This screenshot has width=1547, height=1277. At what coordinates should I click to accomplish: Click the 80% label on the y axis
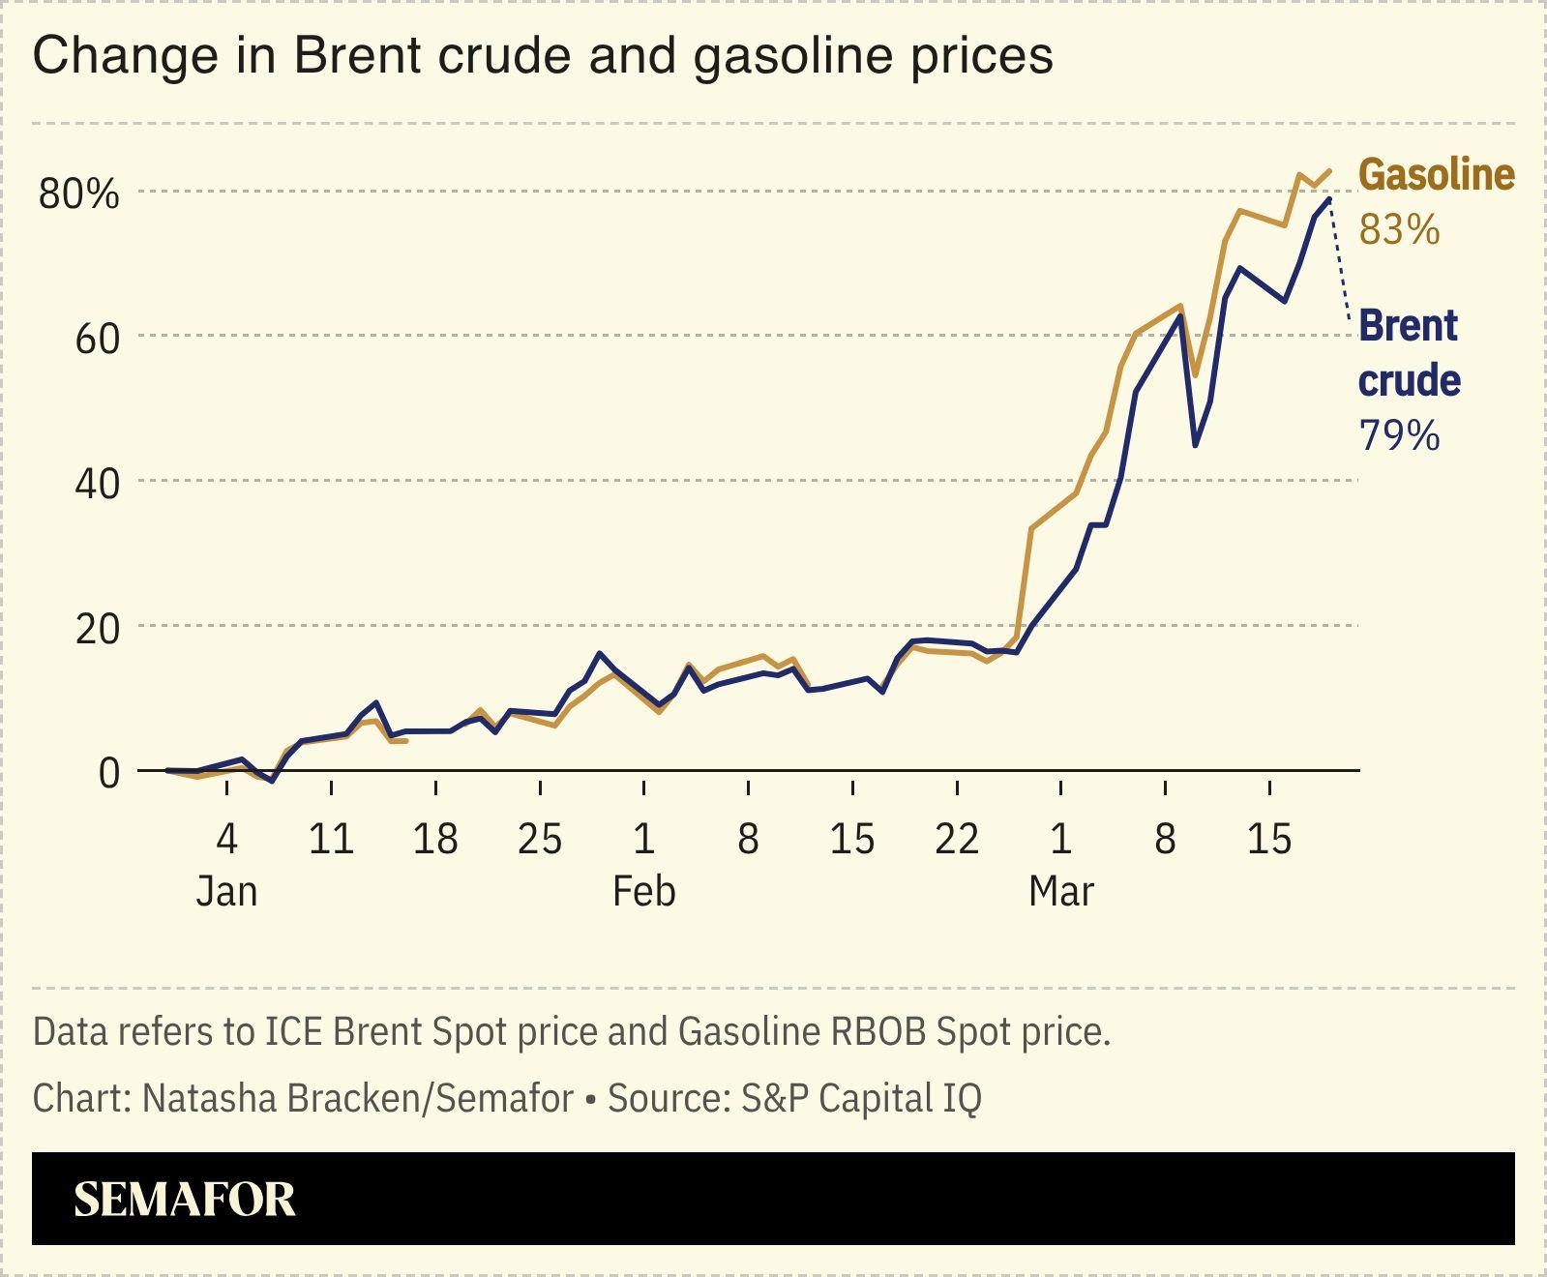pos(79,194)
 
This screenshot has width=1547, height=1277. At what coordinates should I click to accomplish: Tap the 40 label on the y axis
pos(97,484)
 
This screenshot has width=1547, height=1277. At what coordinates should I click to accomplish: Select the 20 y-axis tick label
pos(97,629)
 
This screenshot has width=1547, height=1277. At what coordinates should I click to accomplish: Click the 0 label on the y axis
pos(108,773)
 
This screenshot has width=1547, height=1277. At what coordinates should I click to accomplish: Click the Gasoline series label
pos(1436,175)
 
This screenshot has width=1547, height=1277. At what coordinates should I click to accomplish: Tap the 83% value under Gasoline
pos(1399,231)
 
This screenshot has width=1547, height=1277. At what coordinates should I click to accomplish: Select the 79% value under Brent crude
pos(1399,436)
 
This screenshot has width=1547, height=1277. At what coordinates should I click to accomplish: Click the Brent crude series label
pos(1409,353)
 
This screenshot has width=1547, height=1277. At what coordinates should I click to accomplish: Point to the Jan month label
pos(226,891)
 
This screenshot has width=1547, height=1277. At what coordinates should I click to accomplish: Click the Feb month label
pos(643,891)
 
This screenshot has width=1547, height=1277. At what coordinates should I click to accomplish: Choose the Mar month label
pos(1060,891)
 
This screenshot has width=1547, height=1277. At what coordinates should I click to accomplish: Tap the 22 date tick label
pos(956,839)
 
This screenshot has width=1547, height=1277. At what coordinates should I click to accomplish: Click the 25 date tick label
pos(539,839)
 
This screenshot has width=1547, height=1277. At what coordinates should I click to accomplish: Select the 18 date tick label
pos(434,839)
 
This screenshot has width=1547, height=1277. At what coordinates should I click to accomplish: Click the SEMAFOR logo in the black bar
pos(184,1200)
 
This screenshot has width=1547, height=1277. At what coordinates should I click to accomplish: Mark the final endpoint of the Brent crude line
pos(1330,199)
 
